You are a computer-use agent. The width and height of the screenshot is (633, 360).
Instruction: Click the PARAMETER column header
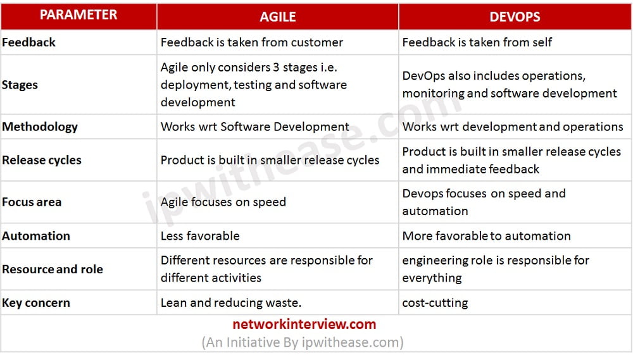pos(78,15)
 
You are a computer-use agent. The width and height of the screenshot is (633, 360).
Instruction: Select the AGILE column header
pos(278,17)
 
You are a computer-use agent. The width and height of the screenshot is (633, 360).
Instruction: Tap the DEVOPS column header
pos(515,17)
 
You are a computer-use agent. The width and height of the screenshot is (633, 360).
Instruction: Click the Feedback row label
pos(28,42)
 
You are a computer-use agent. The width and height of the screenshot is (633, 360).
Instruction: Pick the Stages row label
pos(20,85)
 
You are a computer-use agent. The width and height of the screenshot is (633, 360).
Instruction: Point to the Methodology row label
pos(39,127)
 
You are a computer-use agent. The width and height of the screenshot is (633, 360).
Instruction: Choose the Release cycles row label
pos(42,160)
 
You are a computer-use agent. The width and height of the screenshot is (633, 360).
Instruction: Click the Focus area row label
pos(32,202)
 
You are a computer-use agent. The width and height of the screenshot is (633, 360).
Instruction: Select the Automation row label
pos(36,236)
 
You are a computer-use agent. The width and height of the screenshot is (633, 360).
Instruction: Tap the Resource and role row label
pos(53,269)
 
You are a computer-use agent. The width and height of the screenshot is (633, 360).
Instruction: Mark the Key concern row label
pos(36,303)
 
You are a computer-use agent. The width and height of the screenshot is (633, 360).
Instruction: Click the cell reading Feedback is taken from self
pos(477,42)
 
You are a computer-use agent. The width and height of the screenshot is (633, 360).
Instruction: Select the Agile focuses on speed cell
pos(223,202)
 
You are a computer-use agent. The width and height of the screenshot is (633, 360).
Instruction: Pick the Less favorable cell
pos(200,236)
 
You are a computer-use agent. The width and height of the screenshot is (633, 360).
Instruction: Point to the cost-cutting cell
pos(436,303)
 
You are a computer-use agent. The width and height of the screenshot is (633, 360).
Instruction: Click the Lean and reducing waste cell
pos(231,303)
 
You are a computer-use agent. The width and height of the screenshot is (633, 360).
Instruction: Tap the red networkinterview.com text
pos(304,325)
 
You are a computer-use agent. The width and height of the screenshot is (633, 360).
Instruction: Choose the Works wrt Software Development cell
pos(255,127)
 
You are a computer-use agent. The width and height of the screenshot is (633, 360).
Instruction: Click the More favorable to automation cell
pos(486,236)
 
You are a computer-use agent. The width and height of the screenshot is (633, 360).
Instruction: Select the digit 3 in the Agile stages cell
pos(276,68)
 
